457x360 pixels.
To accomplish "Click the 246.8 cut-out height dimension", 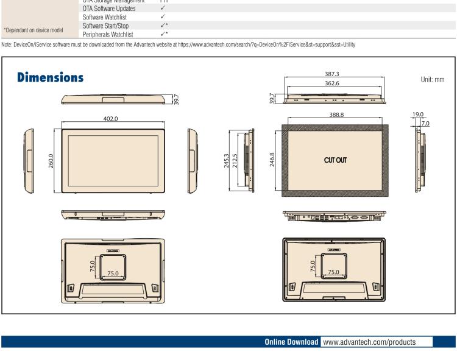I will point(272,161).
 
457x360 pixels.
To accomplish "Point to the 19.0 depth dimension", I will point(419,114).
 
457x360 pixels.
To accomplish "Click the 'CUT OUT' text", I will point(335,160).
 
